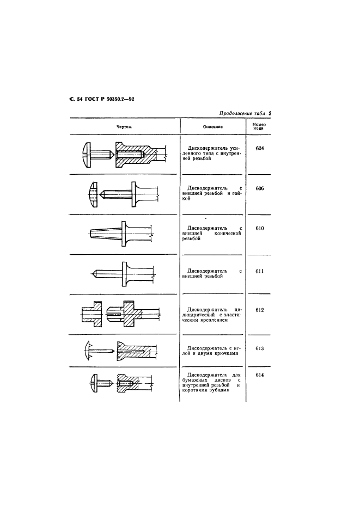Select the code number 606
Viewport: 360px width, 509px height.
click(259, 188)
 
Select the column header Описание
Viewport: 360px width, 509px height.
click(212, 126)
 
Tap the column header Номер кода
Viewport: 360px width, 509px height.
click(259, 126)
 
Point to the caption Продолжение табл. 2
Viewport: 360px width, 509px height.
click(245, 114)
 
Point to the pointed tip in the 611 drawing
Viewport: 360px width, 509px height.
click(93, 272)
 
